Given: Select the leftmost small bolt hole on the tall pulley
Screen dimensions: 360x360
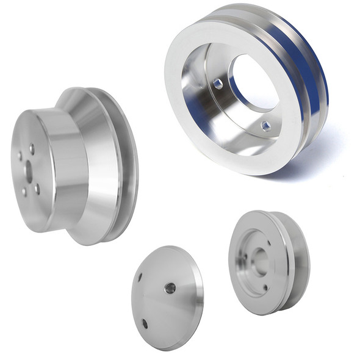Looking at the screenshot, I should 19,156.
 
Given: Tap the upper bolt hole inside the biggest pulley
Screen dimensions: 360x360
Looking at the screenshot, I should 218,84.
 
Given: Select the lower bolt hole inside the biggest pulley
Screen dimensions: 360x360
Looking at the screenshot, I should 265,126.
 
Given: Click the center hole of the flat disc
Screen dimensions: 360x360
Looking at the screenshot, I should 170,287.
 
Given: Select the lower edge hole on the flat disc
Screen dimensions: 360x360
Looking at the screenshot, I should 145,323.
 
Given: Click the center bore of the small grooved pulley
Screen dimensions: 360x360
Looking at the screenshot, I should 260,261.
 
